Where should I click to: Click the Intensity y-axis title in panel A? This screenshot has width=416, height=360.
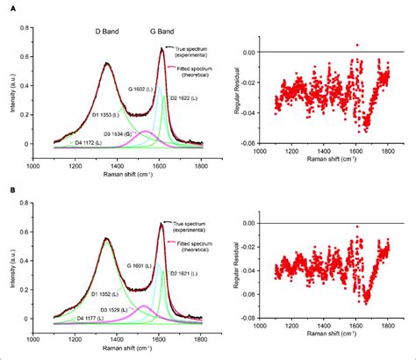click(x=8, y=88)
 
